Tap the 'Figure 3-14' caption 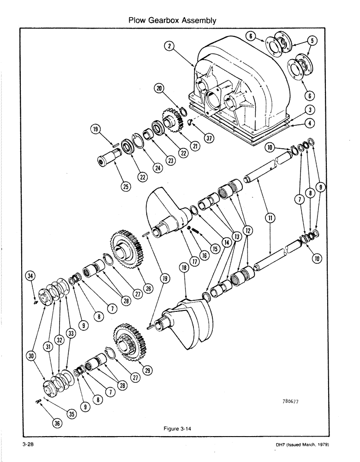[x=178, y=429]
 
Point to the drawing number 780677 [x=290, y=401]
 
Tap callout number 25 [x=126, y=186]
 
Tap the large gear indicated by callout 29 [x=132, y=347]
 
